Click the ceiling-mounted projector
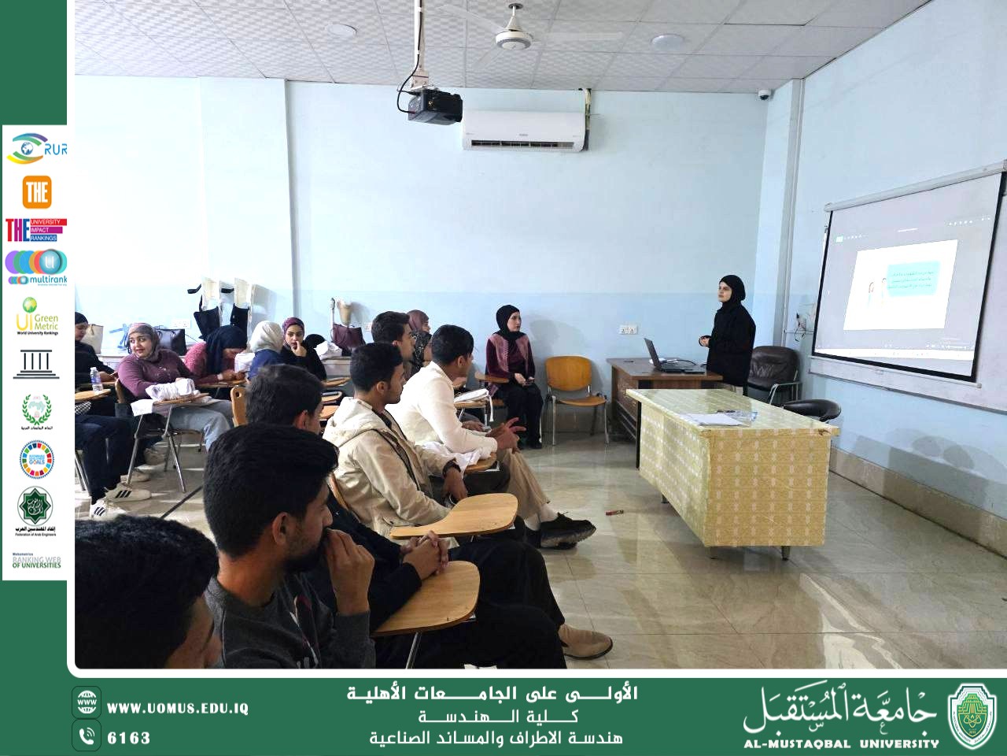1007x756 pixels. coord(432,106)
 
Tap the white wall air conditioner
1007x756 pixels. coord(524,130)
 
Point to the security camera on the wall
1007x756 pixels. coord(764,94)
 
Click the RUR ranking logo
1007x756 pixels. coord(36,147)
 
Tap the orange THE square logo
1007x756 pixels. coord(36,191)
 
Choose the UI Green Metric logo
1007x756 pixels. coord(36,316)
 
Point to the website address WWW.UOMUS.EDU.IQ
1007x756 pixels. coord(177,708)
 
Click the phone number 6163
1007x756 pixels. coord(128,738)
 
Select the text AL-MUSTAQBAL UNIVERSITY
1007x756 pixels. coord(841,743)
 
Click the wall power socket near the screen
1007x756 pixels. coord(626,329)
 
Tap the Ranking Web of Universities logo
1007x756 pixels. coord(36,561)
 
